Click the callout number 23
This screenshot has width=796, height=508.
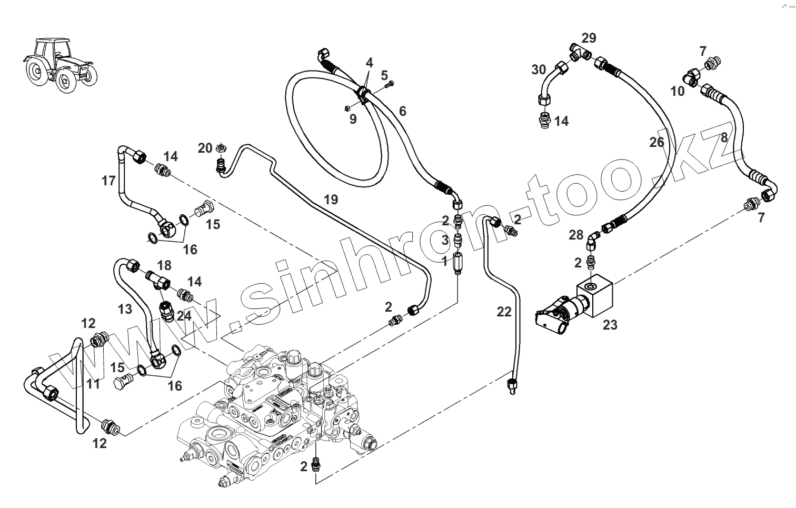610,325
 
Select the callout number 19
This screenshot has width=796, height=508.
331,200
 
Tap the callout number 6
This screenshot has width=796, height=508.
403,111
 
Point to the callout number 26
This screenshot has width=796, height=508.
656,142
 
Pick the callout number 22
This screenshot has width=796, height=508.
504,312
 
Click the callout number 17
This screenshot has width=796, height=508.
108,181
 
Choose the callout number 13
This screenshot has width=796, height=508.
125,309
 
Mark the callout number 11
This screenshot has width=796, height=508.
93,384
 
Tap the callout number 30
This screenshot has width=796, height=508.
539,69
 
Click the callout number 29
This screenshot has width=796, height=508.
589,38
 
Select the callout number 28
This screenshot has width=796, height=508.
576,235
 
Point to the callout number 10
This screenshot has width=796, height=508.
678,91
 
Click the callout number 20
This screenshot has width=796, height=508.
205,148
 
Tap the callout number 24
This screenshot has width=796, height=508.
184,316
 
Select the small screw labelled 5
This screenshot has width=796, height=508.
389,83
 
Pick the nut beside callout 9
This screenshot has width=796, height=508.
348,108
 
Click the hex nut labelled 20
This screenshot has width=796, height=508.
222,148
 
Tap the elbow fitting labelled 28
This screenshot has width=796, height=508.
593,242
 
